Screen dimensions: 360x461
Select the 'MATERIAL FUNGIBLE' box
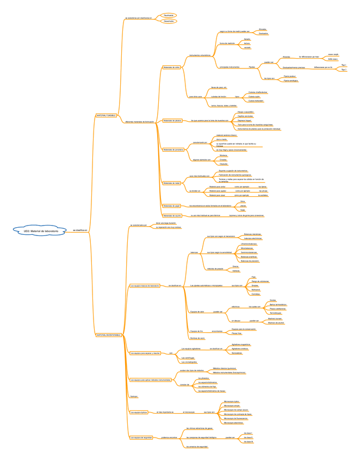(x=106, y=115)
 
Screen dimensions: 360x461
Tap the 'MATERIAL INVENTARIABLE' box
(x=109, y=335)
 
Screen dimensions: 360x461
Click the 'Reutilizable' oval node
(x=168, y=15)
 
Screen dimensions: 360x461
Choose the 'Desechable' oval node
(x=168, y=21)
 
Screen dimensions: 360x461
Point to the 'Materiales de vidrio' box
(x=171, y=67)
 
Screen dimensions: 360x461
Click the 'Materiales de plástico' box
(x=172, y=121)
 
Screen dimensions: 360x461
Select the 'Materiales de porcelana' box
(x=173, y=149)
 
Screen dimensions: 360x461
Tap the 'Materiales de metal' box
(x=172, y=183)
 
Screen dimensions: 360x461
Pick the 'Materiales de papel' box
(x=172, y=206)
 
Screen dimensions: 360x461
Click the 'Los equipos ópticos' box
(x=139, y=413)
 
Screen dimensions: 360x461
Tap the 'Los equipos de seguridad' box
(x=141, y=437)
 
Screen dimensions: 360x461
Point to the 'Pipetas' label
(x=252, y=67)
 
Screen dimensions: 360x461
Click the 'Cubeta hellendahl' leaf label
(x=256, y=101)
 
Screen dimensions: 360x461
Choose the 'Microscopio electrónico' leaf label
(x=234, y=422)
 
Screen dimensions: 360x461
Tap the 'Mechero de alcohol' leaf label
(x=276, y=322)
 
